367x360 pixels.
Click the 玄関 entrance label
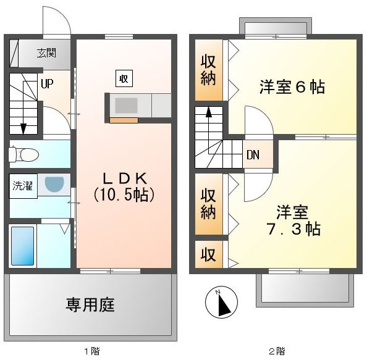(x=46, y=53)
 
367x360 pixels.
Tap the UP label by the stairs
(x=47, y=83)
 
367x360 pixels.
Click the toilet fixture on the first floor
(x=23, y=154)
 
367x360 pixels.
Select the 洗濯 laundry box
(x=23, y=186)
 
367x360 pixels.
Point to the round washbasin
(x=54, y=185)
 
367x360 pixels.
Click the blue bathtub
(x=23, y=246)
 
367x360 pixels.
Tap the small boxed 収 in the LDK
(x=124, y=78)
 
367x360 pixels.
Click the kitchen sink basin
(x=126, y=106)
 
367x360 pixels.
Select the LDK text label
(x=125, y=178)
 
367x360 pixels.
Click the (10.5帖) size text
(x=124, y=195)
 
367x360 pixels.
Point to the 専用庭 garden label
(x=90, y=305)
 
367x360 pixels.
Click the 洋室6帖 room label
(x=292, y=87)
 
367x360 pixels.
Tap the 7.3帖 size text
(x=293, y=229)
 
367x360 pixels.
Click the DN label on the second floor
(x=253, y=155)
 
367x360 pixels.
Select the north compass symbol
(x=221, y=302)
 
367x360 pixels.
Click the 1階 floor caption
(x=92, y=351)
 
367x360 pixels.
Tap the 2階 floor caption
(x=277, y=351)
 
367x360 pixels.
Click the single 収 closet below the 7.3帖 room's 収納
(x=208, y=254)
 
